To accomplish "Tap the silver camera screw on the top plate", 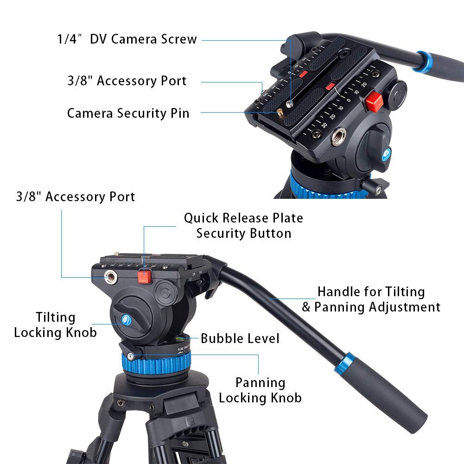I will click(x=289, y=104).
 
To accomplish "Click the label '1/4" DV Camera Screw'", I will click(x=127, y=39).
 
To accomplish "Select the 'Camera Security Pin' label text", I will click(x=128, y=113).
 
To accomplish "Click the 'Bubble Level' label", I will click(x=240, y=338).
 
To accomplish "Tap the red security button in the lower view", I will click(x=145, y=277).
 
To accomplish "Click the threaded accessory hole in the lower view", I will click(x=111, y=278).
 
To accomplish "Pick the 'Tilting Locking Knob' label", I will click(x=56, y=325).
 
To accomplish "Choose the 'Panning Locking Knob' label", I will click(x=260, y=390).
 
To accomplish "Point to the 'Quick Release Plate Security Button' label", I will click(x=243, y=225).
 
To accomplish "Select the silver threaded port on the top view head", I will click(x=338, y=137).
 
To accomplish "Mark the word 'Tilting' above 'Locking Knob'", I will click(x=56, y=318).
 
